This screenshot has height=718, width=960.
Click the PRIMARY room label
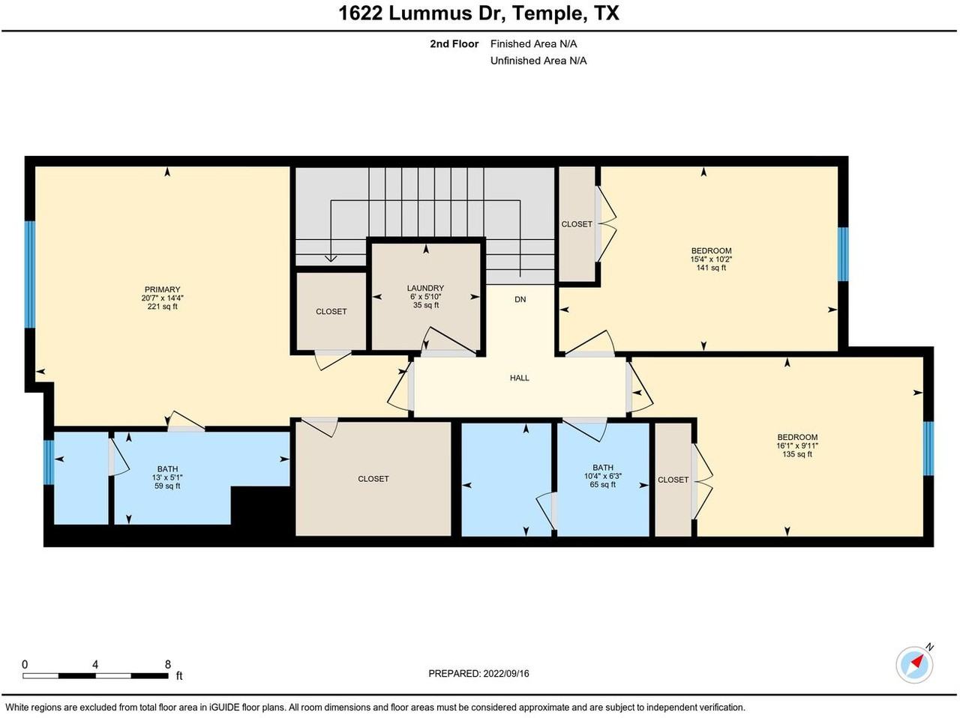pyautogui.click(x=162, y=289)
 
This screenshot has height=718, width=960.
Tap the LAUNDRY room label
pyautogui.click(x=425, y=288)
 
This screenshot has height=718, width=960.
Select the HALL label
pyautogui.click(x=519, y=378)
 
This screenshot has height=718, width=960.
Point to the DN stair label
pyautogui.click(x=520, y=299)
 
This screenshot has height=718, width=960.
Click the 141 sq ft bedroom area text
pyautogui.click(x=711, y=268)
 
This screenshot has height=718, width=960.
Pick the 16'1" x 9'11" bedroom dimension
pyautogui.click(x=797, y=445)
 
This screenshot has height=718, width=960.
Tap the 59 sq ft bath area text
pyautogui.click(x=167, y=486)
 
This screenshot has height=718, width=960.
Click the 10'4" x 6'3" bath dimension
pyautogui.click(x=603, y=476)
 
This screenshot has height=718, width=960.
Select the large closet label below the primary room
pyautogui.click(x=373, y=479)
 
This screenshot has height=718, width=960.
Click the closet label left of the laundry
pyautogui.click(x=331, y=312)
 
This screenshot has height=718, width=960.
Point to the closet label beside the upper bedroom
pyautogui.click(x=577, y=224)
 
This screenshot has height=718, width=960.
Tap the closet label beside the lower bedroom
pyautogui.click(x=673, y=480)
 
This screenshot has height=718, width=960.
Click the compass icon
pyautogui.click(x=915, y=664)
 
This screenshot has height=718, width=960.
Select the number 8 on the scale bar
pyautogui.click(x=168, y=664)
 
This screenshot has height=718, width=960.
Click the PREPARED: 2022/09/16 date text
pyautogui.click(x=478, y=674)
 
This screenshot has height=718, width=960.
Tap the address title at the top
pyautogui.click(x=478, y=13)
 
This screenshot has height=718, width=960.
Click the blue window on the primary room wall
pyautogui.click(x=30, y=274)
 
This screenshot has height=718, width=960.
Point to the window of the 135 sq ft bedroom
pyautogui.click(x=928, y=448)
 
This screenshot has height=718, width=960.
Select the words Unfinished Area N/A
pyautogui.click(x=538, y=61)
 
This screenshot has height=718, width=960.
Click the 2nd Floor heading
pyautogui.click(x=454, y=44)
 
